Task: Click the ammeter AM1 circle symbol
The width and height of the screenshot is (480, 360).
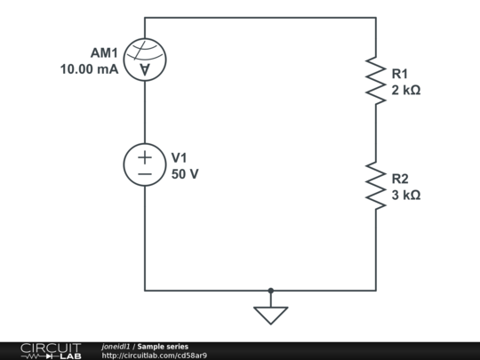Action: pos(145,60)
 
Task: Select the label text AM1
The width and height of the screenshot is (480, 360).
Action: pos(105,52)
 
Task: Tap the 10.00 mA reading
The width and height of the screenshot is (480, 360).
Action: pos(89,69)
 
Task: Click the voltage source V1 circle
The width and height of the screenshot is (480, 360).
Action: pos(145,165)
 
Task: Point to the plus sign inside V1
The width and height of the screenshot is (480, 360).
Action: pos(145,156)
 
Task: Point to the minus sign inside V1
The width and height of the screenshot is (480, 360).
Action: pos(145,174)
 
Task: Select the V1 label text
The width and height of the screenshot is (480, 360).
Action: pos(180,157)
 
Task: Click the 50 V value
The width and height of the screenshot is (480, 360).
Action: pos(185,173)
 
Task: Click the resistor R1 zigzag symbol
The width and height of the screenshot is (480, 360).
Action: pos(375,81)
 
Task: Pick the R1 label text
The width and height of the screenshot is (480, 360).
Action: pos(400,73)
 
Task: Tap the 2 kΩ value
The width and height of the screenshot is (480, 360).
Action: pos(405,90)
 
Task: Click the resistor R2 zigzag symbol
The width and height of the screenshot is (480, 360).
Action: pos(375,186)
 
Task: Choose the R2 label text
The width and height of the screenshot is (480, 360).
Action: pos(400,178)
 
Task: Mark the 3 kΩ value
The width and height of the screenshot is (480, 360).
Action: pos(405,195)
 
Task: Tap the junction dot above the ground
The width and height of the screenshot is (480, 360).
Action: pos(271,290)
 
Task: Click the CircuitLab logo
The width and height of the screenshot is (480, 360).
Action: pos(51,350)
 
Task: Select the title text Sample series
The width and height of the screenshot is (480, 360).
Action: pos(163,347)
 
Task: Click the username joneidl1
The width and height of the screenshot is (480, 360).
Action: pos(116,347)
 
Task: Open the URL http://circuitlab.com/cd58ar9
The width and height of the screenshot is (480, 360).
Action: pos(155,356)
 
